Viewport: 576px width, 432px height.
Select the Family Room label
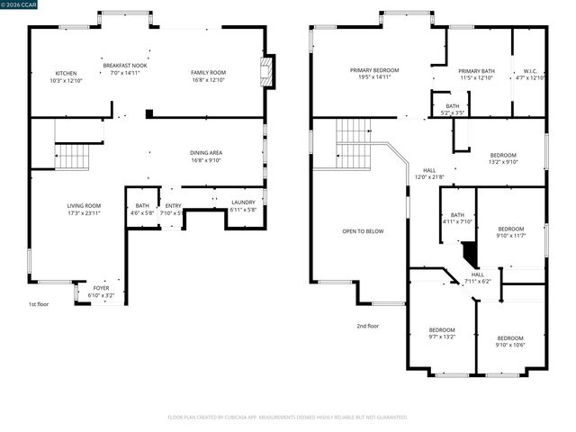[208, 72]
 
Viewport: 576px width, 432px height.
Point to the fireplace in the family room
[265, 72]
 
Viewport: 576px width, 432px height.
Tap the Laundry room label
[243, 202]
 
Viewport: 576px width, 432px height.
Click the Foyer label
[101, 288]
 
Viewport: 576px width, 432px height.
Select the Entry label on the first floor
[173, 206]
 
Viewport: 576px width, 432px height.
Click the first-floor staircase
[72, 157]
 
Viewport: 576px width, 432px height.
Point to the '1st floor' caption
[38, 304]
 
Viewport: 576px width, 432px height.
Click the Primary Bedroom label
[374, 70]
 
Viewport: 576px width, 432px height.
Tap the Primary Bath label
[476, 70]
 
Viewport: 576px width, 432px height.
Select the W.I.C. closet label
[529, 70]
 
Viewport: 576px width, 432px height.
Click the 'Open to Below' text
[363, 231]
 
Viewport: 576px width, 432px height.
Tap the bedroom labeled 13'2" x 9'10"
[503, 155]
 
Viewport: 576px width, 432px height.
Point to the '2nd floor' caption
[367, 326]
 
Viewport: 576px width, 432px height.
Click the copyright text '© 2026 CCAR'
[21, 5]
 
